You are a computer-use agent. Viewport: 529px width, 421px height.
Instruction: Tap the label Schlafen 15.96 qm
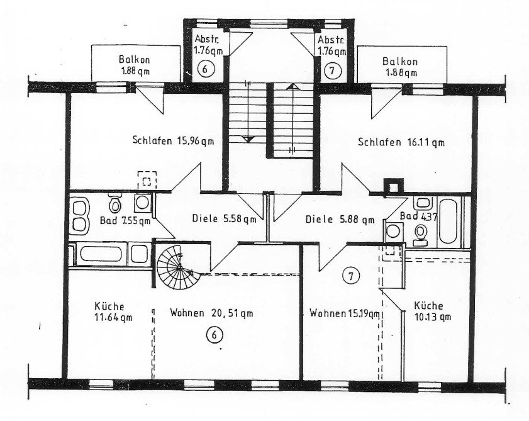click(173, 141)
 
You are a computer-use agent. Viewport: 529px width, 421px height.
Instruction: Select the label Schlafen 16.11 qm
click(401, 142)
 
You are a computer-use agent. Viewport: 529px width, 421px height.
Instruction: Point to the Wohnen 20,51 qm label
click(211, 313)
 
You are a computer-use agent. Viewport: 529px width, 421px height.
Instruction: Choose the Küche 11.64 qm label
click(113, 311)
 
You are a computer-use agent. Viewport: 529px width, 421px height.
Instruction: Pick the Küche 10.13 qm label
click(432, 311)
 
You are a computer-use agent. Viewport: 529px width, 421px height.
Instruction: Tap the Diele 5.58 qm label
click(223, 220)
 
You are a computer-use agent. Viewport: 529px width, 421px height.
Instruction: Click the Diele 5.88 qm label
click(340, 220)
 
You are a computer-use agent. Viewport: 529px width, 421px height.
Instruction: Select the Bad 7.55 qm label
click(126, 221)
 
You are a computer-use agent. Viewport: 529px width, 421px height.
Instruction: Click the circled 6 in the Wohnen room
click(214, 336)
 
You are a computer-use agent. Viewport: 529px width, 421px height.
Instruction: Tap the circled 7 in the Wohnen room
click(350, 275)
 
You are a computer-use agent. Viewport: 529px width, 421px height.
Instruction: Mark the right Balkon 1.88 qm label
click(401, 66)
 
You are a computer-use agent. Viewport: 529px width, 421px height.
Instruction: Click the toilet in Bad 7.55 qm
click(114, 205)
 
